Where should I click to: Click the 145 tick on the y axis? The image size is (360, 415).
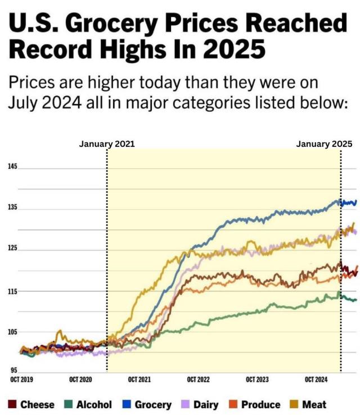coord(12,167)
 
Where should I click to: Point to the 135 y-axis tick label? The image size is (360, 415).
coord(12,207)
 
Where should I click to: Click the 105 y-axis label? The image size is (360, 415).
coord(12,332)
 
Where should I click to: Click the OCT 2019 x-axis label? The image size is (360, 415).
coord(21,380)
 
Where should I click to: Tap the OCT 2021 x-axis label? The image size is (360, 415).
coord(139,380)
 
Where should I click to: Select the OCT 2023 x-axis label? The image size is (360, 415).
coord(257,380)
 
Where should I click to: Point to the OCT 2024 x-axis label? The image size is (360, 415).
coord(316,380)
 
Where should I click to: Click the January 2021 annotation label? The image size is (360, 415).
coord(107,144)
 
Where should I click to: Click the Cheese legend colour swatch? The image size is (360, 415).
coord(12,404)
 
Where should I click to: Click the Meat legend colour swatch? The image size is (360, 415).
coord(292,404)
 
